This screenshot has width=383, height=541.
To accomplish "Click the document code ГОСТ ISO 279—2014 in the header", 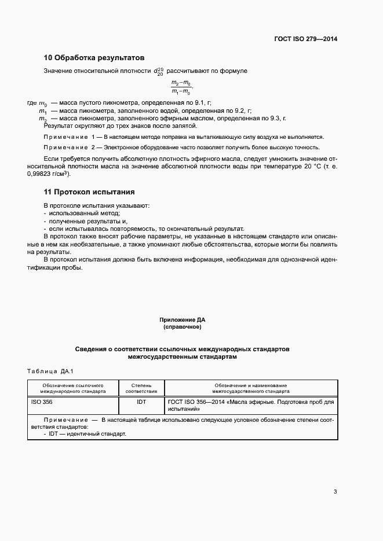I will pyautogui.click(x=306, y=39).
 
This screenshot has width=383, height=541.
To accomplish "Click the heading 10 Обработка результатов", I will pyautogui.click(x=94, y=58).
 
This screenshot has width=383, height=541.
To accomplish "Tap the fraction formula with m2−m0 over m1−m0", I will pyautogui.click(x=181, y=88).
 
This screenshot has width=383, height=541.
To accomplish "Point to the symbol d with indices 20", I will pyautogui.click(x=159, y=71).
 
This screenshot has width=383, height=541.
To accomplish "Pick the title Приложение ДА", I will pyautogui.click(x=182, y=320).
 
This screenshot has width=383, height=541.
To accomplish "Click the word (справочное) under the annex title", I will pyautogui.click(x=182, y=327).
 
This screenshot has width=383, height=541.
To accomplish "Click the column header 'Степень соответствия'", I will pyautogui.click(x=141, y=388).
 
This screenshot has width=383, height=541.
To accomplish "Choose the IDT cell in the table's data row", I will pyautogui.click(x=141, y=402).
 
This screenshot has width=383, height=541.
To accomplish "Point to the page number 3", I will pyautogui.click(x=335, y=492).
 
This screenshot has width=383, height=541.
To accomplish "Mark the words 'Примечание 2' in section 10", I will pyautogui.click(x=69, y=148).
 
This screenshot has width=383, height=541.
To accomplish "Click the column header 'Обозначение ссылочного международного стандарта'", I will pyautogui.click(x=73, y=388).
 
